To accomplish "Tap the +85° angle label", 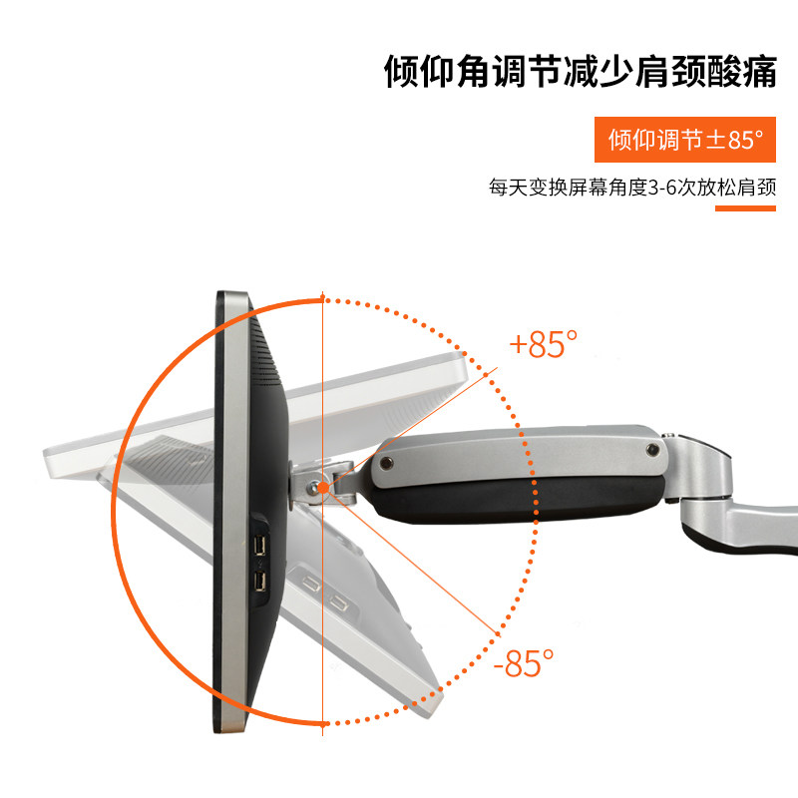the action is point(544,344).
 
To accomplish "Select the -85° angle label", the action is point(524,661).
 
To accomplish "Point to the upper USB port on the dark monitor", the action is point(259,544).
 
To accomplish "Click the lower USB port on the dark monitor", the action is point(259,581).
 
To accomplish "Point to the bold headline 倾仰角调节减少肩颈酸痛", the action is point(580,73).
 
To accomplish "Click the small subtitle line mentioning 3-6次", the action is point(632,187).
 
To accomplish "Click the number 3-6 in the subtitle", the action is point(662,187).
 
